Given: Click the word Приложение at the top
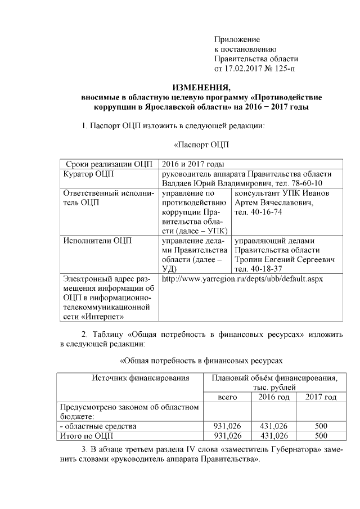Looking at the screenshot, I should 237,39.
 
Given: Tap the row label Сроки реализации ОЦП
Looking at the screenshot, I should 109,164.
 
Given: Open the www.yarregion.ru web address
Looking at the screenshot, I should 242,279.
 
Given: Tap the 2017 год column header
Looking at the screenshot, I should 321,397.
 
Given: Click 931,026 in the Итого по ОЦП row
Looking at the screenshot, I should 227,435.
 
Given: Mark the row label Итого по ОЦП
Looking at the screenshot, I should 84,435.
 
